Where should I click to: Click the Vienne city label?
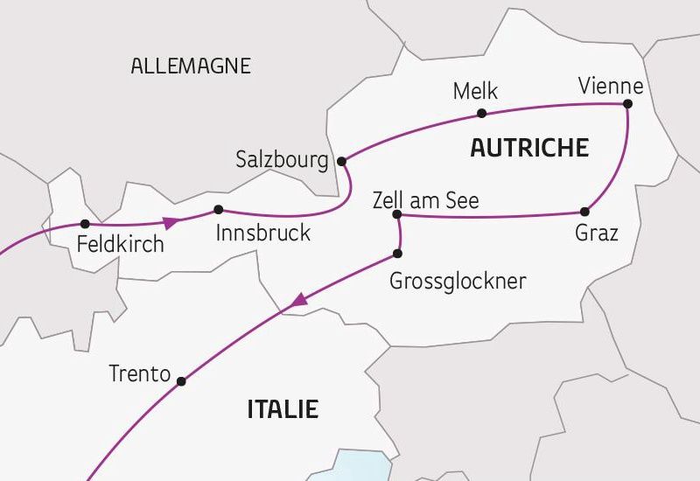pos(611,87)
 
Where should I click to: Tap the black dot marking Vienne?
pos(626,104)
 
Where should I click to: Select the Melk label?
pos(473,91)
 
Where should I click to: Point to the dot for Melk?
pos(481,113)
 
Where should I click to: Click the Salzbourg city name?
pos(282,160)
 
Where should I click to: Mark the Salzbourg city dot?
pos(342,161)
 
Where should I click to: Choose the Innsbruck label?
pos(262,234)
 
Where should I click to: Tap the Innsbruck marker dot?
pos(219,209)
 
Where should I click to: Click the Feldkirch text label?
pos(120,244)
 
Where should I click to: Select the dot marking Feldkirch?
pos(85,224)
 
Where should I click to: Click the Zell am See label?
pos(425,199)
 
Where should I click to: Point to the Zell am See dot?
pos(397,214)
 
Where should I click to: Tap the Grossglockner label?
pos(458,282)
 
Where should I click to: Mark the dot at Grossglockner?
pos(398,254)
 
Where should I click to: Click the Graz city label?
pos(597,234)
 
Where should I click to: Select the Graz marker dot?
pos(584,212)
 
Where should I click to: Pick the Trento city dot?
pos(181,381)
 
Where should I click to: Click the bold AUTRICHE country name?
pos(528,148)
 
